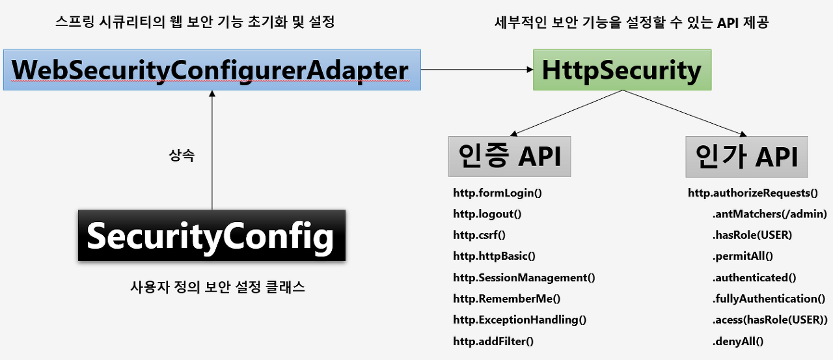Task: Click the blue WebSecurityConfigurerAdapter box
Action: [211, 70]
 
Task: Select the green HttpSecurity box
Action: [622, 70]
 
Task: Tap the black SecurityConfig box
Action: [211, 236]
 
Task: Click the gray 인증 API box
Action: [509, 156]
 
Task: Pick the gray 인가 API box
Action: [746, 156]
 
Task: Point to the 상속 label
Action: [182, 156]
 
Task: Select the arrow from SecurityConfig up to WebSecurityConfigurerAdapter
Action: [212, 150]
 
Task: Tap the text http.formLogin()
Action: [498, 193]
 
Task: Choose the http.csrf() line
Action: [479, 235]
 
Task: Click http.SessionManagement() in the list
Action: [524, 277]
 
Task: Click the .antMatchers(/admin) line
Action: [769, 214]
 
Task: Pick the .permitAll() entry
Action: [743, 256]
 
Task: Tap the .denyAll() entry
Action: [738, 340]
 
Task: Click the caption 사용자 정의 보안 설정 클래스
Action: [217, 287]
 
